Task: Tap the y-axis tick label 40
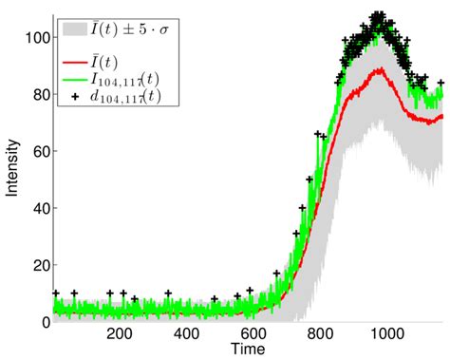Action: coord(36,209)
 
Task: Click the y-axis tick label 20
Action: coord(36,266)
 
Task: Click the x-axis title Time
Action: coord(246,350)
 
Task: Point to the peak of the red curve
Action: coord(380,69)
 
